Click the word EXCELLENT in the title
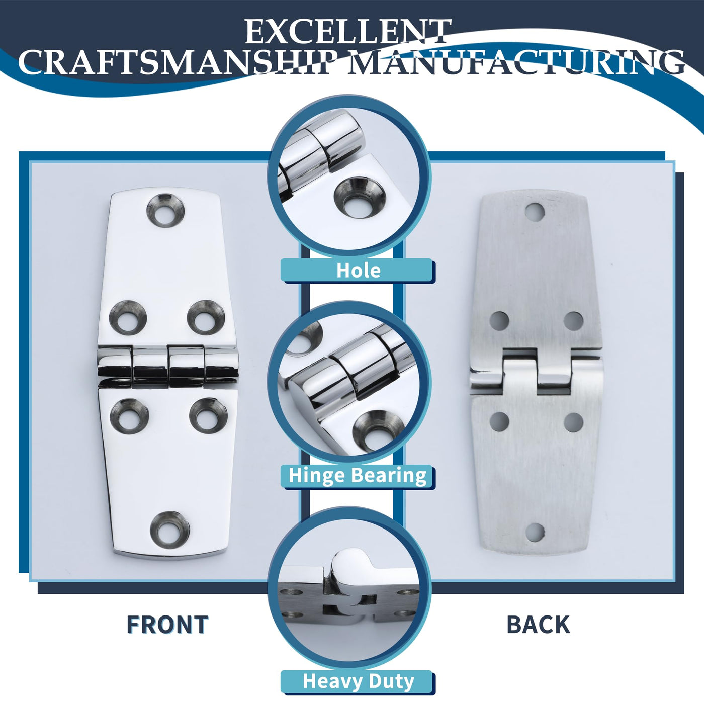click(x=347, y=32)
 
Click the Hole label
click(x=358, y=271)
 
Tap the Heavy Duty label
click(x=358, y=681)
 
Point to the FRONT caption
click(x=167, y=625)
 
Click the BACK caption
click(x=538, y=625)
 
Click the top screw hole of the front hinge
click(x=165, y=210)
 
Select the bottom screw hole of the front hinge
click(x=170, y=530)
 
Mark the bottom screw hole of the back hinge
click(x=535, y=533)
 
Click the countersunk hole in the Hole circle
click(x=360, y=198)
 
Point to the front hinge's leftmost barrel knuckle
click(x=114, y=364)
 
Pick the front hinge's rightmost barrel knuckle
click(x=221, y=363)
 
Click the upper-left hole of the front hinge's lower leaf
click(x=129, y=416)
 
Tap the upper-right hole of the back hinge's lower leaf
click(x=573, y=421)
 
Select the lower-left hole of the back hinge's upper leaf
click(x=499, y=320)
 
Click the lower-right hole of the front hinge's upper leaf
click(x=206, y=317)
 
